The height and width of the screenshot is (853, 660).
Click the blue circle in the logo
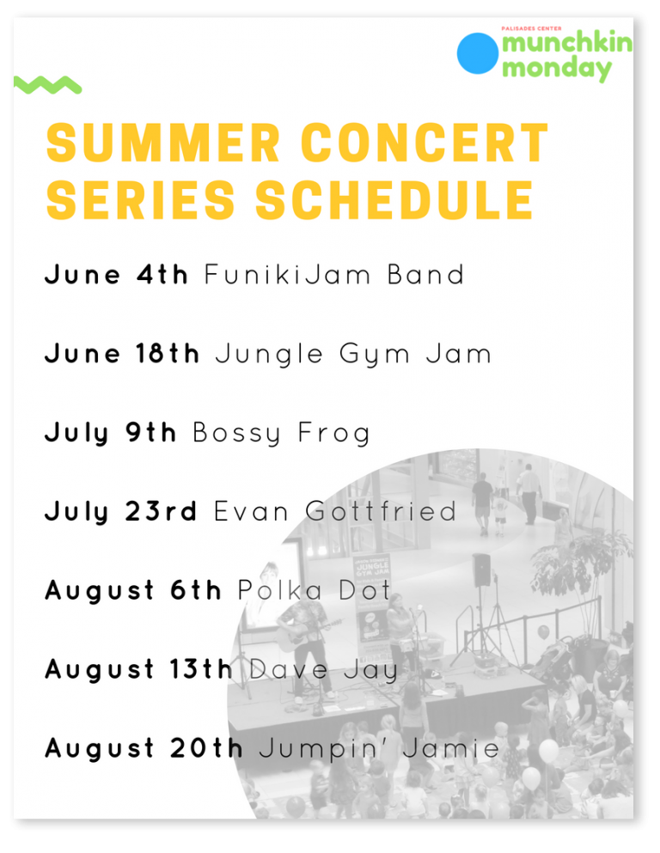pyautogui.click(x=477, y=53)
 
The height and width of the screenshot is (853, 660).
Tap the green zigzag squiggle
pyautogui.click(x=48, y=85)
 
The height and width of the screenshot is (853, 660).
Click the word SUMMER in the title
pyautogui.click(x=163, y=143)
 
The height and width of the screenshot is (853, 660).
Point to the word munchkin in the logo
pyautogui.click(x=567, y=42)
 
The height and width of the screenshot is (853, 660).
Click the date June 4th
pyautogui.click(x=116, y=274)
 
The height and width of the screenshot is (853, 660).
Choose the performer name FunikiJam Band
pyautogui.click(x=334, y=274)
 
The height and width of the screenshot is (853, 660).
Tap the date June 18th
pyautogui.click(x=122, y=354)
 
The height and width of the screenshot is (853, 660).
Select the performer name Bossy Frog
pyautogui.click(x=281, y=434)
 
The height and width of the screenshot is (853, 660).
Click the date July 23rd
pyautogui.click(x=121, y=511)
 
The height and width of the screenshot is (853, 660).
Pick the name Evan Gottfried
pyautogui.click(x=335, y=511)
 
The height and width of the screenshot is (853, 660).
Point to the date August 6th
pyautogui.click(x=133, y=591)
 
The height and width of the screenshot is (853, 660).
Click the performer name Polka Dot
pyautogui.click(x=315, y=590)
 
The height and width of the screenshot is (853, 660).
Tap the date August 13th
pyautogui.click(x=138, y=670)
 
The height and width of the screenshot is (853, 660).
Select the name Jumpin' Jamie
pyautogui.click(x=379, y=748)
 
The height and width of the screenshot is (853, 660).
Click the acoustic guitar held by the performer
pyautogui.click(x=306, y=633)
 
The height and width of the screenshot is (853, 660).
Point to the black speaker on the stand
pyautogui.click(x=481, y=570)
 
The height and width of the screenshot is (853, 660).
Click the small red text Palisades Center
pyautogui.click(x=531, y=28)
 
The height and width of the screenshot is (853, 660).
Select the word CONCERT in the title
pyautogui.click(x=425, y=143)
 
